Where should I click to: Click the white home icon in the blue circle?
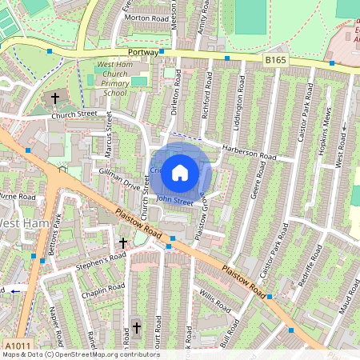pyautogui.click(x=180, y=171)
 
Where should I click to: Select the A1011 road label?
pyautogui.click(x=18, y=344)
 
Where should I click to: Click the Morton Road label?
pyautogui.click(x=147, y=17)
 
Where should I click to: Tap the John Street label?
pyautogui.click(x=174, y=201)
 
